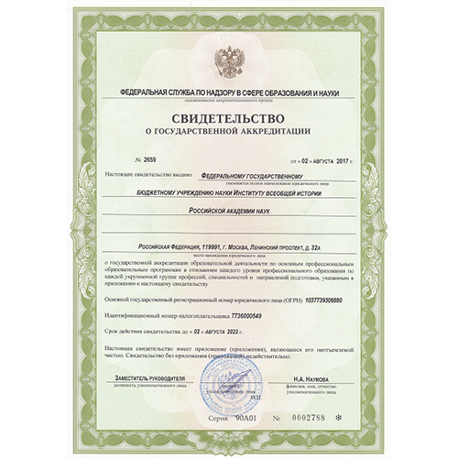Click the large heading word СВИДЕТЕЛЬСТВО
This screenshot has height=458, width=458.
(x=228, y=118)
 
